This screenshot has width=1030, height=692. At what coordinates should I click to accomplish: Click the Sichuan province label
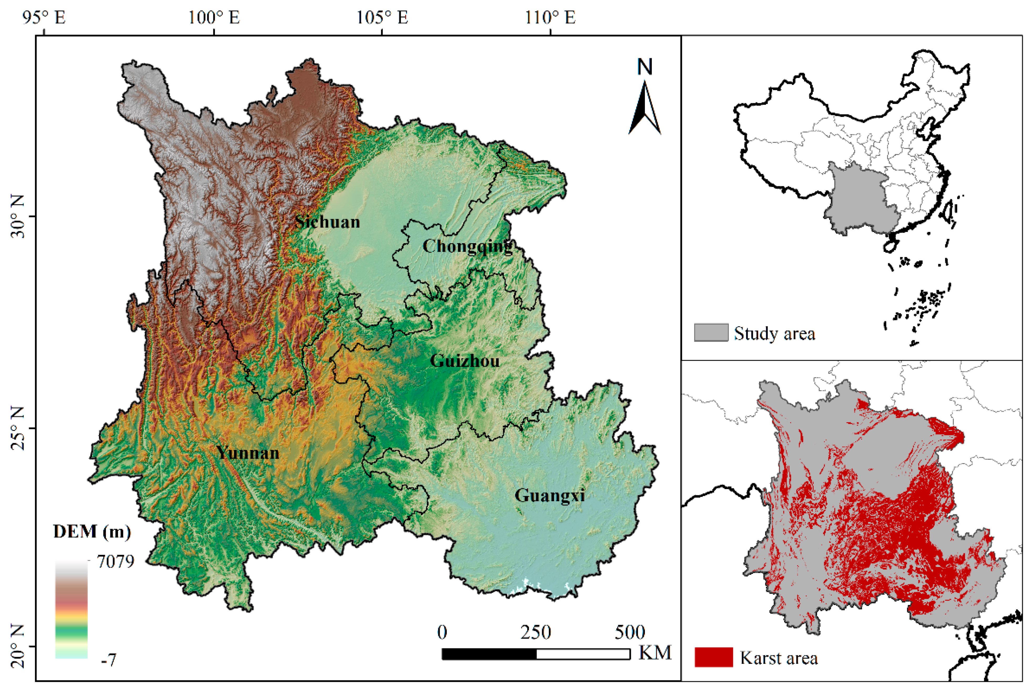[327, 222]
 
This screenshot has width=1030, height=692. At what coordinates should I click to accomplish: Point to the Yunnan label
[247, 453]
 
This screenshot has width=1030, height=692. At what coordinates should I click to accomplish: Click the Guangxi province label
[550, 496]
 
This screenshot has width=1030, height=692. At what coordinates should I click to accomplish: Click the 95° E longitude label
[44, 18]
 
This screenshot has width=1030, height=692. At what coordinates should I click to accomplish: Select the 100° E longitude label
[214, 18]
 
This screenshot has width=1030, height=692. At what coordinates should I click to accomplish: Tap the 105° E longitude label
[382, 18]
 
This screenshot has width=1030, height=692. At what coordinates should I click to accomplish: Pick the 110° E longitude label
[550, 18]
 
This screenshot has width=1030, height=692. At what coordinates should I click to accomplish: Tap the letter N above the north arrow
[644, 67]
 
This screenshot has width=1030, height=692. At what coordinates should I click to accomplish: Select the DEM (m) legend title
[92, 532]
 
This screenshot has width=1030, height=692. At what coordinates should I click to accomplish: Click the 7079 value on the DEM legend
[116, 562]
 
